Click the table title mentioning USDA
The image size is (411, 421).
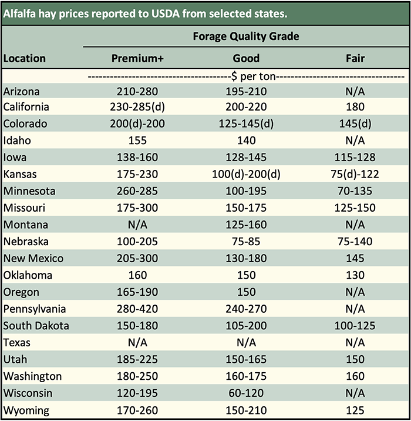146,12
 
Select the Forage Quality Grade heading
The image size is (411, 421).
246,36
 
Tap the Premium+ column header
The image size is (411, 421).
137,58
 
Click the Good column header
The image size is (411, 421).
246,58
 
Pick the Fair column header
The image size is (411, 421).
355,58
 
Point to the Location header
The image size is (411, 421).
24,58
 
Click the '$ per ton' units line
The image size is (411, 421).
246,76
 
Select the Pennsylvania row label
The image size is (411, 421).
35,309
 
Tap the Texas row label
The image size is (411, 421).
17,342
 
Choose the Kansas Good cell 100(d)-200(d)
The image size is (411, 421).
246,174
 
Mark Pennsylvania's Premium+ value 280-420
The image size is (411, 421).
137,309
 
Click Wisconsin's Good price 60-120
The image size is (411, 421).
246,393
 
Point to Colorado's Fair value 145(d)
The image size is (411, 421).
355,123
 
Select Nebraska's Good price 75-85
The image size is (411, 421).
246,241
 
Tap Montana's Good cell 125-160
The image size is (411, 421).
246,225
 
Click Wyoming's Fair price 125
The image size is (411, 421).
355,410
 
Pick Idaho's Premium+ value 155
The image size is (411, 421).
137,141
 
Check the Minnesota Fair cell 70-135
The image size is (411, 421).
355,191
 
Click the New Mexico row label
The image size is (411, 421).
33,258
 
